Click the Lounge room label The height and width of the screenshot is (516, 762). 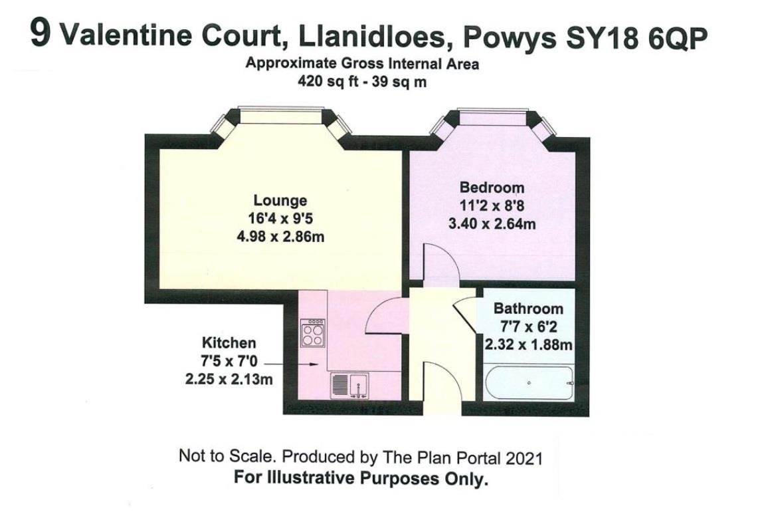(280, 200)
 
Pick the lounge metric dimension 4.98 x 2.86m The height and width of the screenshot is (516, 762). (280, 236)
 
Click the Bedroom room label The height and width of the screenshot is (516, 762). (492, 188)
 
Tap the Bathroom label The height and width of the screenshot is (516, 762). (527, 309)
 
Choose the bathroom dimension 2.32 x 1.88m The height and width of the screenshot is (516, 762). (527, 345)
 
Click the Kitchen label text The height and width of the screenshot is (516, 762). (229, 343)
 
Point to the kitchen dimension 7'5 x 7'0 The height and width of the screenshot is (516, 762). (229, 362)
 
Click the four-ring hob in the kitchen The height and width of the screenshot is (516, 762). (312, 333)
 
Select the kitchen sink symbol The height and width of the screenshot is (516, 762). (349, 385)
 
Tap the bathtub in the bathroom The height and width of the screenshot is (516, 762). (528, 384)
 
